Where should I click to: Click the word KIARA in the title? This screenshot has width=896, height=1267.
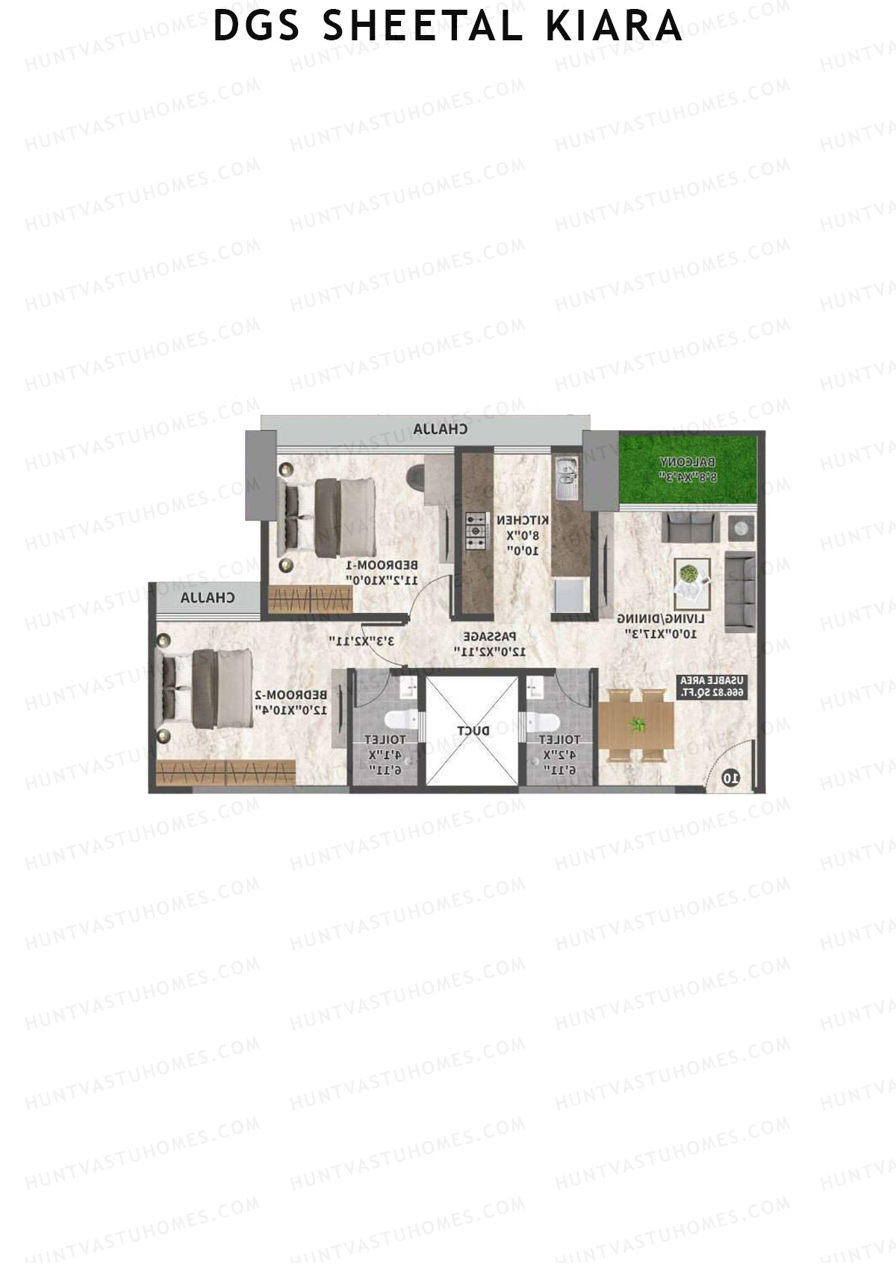(x=614, y=26)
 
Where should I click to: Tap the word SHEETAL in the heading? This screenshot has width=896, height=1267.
(x=423, y=26)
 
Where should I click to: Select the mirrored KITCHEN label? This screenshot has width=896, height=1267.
(x=523, y=520)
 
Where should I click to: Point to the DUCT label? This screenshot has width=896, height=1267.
(x=473, y=730)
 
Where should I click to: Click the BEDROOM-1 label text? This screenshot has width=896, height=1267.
(x=381, y=564)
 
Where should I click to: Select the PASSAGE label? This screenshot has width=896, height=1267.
(x=489, y=637)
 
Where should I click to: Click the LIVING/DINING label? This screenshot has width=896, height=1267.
(x=662, y=619)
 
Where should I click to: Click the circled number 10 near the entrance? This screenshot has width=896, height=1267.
(x=731, y=778)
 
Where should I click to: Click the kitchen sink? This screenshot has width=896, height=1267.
(x=566, y=477)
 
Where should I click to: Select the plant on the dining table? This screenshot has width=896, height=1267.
(x=637, y=724)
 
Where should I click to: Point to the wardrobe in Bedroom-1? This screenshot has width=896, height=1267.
(x=310, y=599)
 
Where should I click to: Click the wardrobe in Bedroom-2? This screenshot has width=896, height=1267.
(x=226, y=771)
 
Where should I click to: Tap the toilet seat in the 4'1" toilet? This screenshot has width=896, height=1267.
(x=396, y=720)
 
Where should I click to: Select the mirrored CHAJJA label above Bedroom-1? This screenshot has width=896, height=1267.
(x=441, y=429)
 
